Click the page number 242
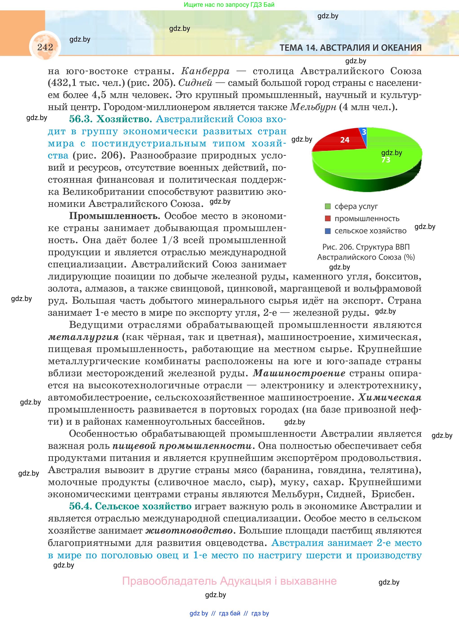coord(45,47)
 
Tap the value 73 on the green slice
coord(386,160)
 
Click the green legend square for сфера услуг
coord(328,206)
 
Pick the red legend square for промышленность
coord(328,219)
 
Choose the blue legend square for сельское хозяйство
coord(328,231)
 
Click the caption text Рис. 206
coord(338,247)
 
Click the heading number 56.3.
coord(80,119)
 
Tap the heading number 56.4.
coord(80,506)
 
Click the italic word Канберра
coord(205,71)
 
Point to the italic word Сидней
coord(195,83)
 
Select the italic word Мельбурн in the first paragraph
coord(313,107)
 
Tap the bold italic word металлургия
coord(83,337)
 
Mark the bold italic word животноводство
coord(189,531)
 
